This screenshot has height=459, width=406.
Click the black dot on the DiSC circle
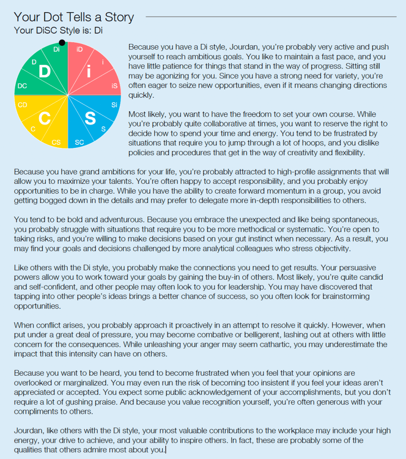click(x=62, y=43)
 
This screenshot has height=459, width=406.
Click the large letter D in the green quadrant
click(x=44, y=72)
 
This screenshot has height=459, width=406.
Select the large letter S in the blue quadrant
click(x=90, y=119)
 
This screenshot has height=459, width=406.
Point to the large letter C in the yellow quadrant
click(x=44, y=119)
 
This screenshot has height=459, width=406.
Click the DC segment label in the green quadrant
click(x=22, y=86)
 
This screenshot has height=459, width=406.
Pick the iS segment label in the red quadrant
click(x=114, y=86)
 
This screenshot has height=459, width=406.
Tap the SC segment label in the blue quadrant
click(x=79, y=143)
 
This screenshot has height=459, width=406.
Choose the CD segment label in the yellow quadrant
click(x=22, y=105)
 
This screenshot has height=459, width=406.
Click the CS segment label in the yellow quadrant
click(x=56, y=143)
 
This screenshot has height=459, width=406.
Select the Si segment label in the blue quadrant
click(x=114, y=105)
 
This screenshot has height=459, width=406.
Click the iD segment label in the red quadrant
click(x=79, y=49)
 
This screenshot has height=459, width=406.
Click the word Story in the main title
click(x=118, y=17)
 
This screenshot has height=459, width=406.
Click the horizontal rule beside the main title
click(x=271, y=17)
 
